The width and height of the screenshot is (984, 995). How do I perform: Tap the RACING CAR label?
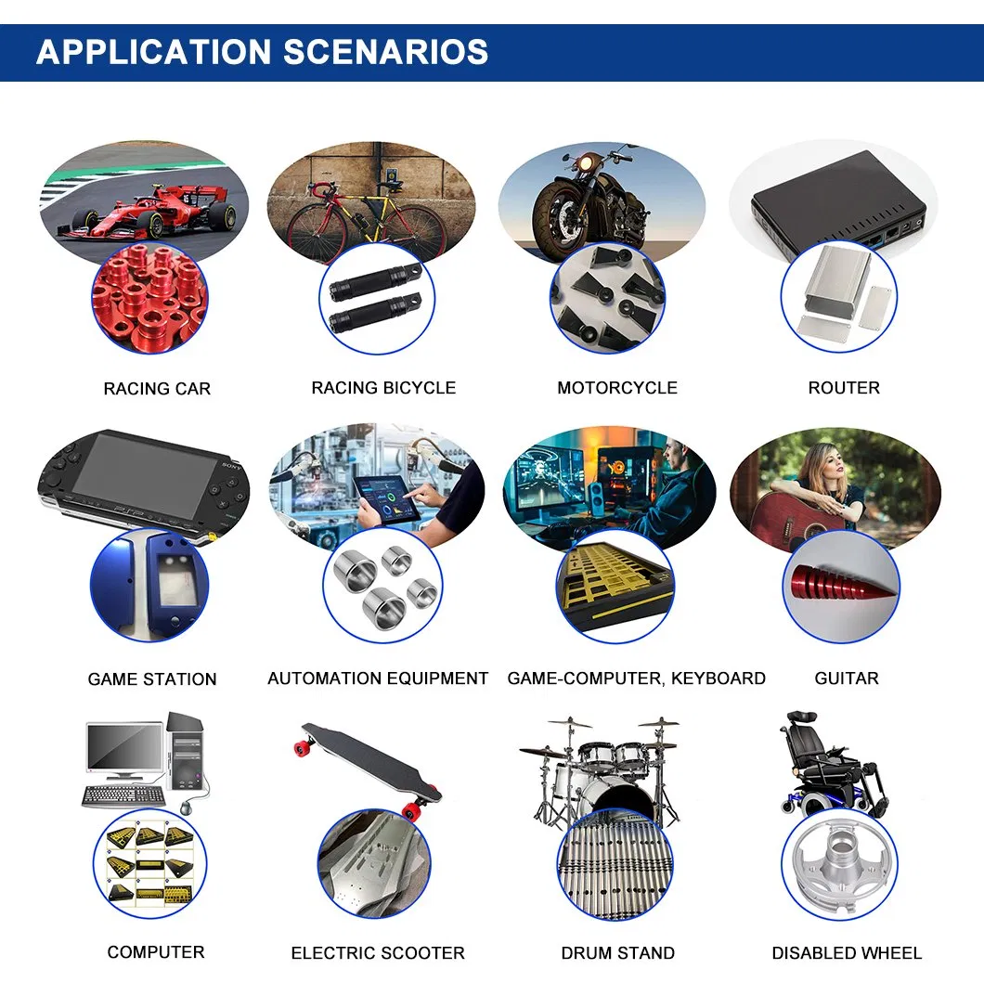pos(157,388)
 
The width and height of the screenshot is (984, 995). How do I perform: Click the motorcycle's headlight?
pos(585,165)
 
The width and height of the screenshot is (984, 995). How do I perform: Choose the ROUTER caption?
pos(844,388)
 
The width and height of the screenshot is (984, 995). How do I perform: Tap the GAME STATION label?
pos(152,679)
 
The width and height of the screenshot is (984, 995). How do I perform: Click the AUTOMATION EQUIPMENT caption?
pos(378,678)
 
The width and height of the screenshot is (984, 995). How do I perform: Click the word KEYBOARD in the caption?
pos(719,678)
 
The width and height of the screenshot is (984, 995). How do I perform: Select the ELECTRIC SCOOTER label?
pos(378,953)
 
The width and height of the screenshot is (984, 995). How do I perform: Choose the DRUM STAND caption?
pos(617,953)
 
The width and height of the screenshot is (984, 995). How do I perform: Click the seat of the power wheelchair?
pos(817,760)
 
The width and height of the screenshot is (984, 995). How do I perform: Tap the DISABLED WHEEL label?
pos(847,953)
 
